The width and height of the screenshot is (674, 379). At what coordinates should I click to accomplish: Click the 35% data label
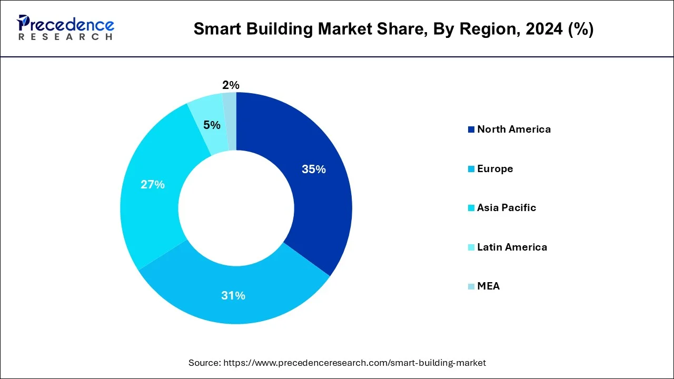coord(313,169)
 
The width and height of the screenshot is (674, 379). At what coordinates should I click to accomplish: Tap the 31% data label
coord(233,296)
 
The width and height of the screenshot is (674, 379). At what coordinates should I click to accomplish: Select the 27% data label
coord(152,185)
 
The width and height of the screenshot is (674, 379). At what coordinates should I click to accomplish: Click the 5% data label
coord(212,125)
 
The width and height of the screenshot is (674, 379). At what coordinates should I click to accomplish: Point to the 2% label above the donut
coord(231,85)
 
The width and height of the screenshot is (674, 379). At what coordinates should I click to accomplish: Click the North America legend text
coord(513,129)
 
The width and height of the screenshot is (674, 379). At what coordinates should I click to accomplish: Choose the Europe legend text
coord(494,169)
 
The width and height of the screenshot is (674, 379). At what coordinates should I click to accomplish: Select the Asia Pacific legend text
coord(506,208)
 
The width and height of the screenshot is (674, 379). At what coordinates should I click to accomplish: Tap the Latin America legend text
coord(512,247)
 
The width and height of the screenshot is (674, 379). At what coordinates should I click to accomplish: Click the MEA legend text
coord(488,286)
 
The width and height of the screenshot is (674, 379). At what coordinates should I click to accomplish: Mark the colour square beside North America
coord(471,130)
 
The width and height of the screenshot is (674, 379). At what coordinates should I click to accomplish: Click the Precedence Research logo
coord(66,27)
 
